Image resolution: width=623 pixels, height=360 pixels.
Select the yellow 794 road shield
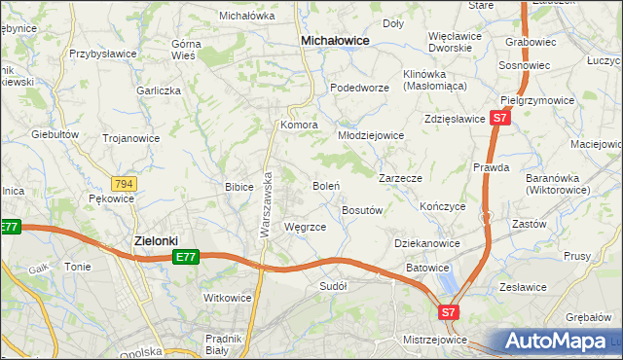pos(124,184)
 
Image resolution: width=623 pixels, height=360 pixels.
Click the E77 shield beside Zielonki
pos(186,257)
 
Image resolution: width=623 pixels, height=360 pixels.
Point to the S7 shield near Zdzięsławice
pos(498,118)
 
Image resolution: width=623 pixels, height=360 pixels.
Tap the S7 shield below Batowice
pos(447,312)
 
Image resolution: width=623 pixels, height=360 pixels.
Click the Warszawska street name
pos(265,205)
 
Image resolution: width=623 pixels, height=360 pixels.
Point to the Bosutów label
pos(363,209)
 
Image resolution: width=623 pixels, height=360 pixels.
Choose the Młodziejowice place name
pos(371,135)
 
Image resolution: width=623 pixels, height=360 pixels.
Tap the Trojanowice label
pos(131,138)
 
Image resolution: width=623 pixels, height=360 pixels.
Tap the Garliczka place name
pos(160,90)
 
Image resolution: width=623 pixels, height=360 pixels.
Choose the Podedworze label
pos(359,88)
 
